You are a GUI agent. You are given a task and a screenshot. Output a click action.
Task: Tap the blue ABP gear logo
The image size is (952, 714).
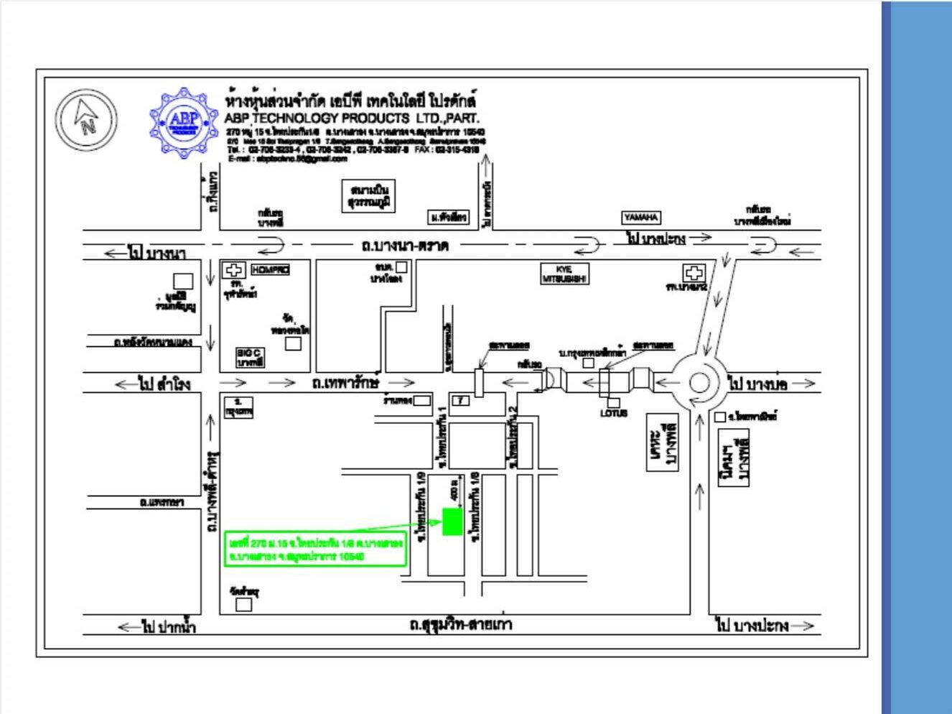[x=184, y=123]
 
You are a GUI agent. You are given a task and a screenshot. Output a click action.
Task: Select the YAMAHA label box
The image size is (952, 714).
[x=640, y=217]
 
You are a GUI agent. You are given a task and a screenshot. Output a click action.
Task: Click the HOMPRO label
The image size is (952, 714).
[x=270, y=270]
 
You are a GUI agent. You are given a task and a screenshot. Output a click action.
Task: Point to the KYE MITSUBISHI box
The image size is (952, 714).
[x=564, y=274]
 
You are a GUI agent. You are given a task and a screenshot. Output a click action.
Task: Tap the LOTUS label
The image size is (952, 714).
[x=614, y=413]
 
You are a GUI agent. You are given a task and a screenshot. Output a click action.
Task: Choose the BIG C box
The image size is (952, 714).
[x=251, y=357]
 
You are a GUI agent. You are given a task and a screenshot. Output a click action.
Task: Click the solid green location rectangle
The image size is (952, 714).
[x=452, y=521]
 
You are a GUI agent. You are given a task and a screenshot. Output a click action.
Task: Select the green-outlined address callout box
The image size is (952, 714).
[x=315, y=550]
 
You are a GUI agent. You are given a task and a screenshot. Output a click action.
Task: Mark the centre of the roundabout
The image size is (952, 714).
[x=699, y=383]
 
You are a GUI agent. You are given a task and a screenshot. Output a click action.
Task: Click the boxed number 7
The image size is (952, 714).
[x=459, y=400]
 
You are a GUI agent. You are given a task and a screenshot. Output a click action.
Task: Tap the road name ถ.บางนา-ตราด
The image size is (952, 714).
[x=405, y=246]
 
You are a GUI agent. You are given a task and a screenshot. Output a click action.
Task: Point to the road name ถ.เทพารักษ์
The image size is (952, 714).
[x=345, y=383]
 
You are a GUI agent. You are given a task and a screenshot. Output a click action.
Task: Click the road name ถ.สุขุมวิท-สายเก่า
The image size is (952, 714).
[x=460, y=624]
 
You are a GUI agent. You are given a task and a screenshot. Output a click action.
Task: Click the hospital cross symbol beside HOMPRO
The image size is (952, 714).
[x=233, y=270]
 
